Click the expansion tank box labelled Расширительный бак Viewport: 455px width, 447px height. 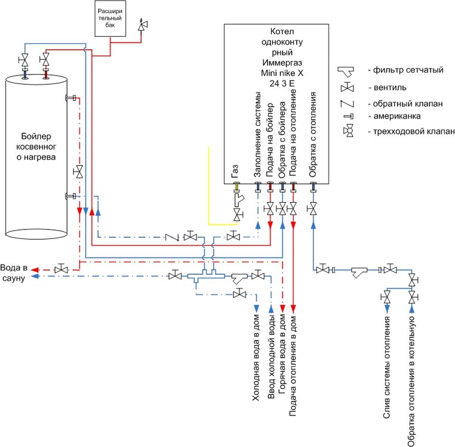coord(110,18)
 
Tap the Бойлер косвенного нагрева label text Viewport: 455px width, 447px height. coord(33,146)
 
